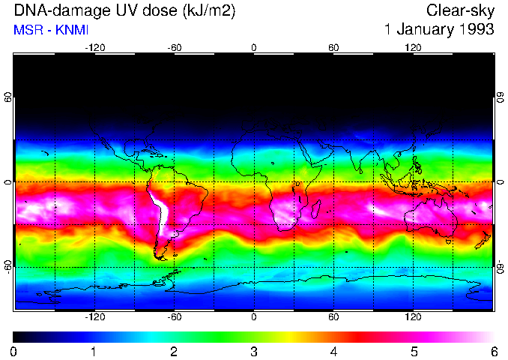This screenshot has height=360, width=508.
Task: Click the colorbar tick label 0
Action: pyautogui.click(x=13, y=351)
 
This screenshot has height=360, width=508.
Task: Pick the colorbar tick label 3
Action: pyautogui.click(x=253, y=351)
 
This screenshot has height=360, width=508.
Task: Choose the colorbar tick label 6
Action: pyautogui.click(x=493, y=351)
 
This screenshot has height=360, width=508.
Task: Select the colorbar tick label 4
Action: pyautogui.click(x=333, y=351)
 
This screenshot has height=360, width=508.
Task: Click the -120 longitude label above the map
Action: pyautogui.click(x=94, y=48)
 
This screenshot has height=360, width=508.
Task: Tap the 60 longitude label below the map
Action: pyautogui.click(x=333, y=316)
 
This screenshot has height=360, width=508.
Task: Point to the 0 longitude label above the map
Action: pyautogui.click(x=254, y=48)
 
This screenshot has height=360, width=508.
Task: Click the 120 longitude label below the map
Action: pyautogui.click(x=413, y=316)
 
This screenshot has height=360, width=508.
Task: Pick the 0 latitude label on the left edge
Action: pyautogui.click(x=8, y=182)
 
